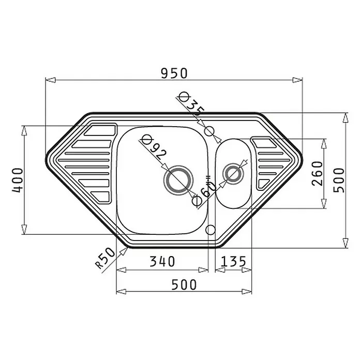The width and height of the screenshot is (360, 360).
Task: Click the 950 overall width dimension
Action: click(x=174, y=73)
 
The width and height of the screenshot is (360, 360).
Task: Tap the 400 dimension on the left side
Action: click(x=18, y=180)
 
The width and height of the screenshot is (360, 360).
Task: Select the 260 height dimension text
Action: click(x=317, y=173)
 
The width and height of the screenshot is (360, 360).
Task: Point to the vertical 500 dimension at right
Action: click(x=339, y=180)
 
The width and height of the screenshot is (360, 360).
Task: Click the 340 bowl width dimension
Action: click(x=162, y=261)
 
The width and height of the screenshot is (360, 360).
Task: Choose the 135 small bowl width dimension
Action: click(x=233, y=261)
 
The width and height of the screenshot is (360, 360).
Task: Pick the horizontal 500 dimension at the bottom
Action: click(x=184, y=284)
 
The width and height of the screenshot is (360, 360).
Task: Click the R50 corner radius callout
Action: click(x=105, y=258)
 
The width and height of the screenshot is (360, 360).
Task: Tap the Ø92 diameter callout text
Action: click(x=154, y=148)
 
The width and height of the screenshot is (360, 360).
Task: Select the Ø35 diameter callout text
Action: click(x=190, y=103)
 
